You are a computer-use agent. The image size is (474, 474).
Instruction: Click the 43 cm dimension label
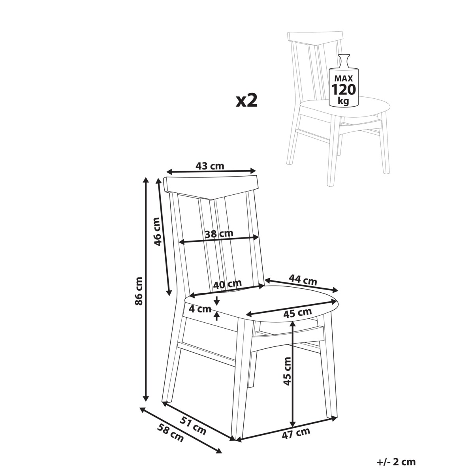point(210,166)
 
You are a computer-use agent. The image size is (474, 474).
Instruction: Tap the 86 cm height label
point(139,291)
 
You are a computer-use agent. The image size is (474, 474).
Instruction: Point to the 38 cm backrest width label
point(219,233)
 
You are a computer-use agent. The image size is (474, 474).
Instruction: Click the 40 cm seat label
point(227,284)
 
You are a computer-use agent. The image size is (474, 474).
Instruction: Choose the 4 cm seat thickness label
point(200,309)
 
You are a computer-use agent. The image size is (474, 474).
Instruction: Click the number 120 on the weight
point(344,90)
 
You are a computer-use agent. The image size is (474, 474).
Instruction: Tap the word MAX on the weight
point(344,79)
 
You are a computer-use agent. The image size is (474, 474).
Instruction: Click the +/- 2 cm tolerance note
point(396,462)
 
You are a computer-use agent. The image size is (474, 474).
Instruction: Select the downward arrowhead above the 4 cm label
point(217,302)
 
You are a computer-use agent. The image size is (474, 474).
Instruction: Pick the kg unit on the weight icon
point(344,101)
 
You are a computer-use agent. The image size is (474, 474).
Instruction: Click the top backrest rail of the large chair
point(211,187)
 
